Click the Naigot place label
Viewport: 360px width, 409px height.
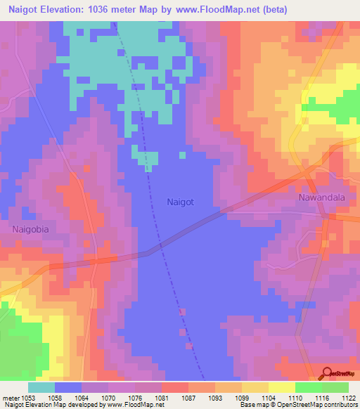[181, 202]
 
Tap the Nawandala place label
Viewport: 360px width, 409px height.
[321, 198]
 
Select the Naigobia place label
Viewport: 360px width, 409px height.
[32, 229]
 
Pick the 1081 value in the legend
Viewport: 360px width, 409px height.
[162, 397]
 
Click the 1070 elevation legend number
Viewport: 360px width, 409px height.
[109, 397]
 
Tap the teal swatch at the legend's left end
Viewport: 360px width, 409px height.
[41, 387]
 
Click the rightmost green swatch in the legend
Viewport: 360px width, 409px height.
[335, 387]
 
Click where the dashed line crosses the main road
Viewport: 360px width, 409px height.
[160, 247]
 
